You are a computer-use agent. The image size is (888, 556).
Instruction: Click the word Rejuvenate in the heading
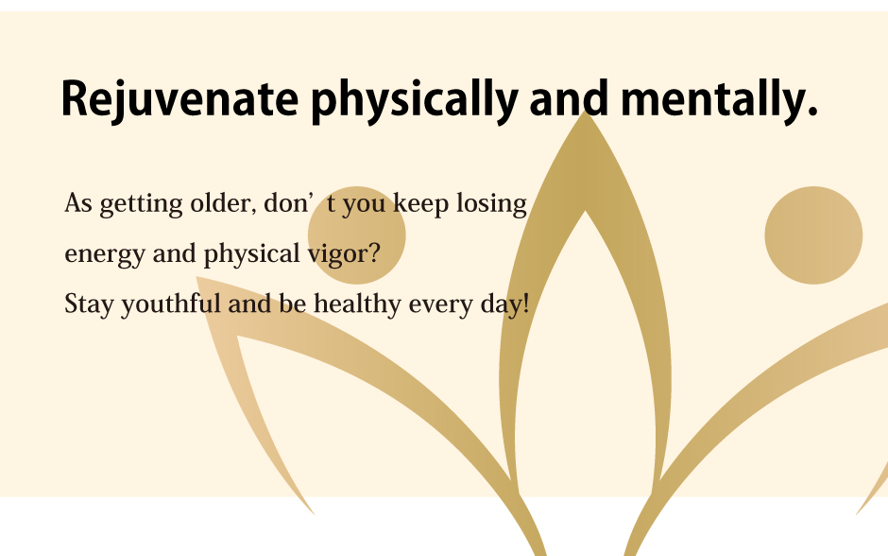pyautogui.click(x=179, y=99)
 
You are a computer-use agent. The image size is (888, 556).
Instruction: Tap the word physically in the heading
pyautogui.click(x=415, y=101)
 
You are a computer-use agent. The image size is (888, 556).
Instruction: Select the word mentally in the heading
pyautogui.click(x=719, y=98)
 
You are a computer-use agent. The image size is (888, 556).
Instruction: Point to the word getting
pyautogui.click(x=141, y=204)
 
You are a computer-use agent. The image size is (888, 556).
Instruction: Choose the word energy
pyautogui.click(x=105, y=254)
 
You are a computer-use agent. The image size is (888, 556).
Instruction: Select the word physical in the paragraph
pyautogui.click(x=251, y=254)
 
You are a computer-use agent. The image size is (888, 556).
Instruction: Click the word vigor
pyautogui.click(x=337, y=254)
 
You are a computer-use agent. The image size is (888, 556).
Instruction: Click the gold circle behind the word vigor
pyautogui.click(x=357, y=235)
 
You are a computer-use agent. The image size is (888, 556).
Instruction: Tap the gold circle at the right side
pyautogui.click(x=813, y=235)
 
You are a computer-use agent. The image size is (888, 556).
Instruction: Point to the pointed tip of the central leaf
pyautogui.click(x=585, y=112)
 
